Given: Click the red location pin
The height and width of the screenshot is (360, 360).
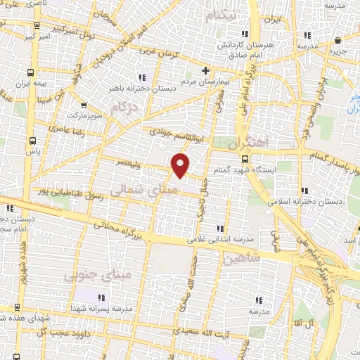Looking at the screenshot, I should tap(181, 166).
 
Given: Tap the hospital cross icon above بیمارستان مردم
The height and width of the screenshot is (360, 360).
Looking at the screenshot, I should tap(205, 70).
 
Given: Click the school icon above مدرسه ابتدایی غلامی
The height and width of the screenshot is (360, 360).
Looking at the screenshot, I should tap(221, 228).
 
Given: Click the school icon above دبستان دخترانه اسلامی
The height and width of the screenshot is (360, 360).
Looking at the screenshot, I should tap(306, 190).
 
